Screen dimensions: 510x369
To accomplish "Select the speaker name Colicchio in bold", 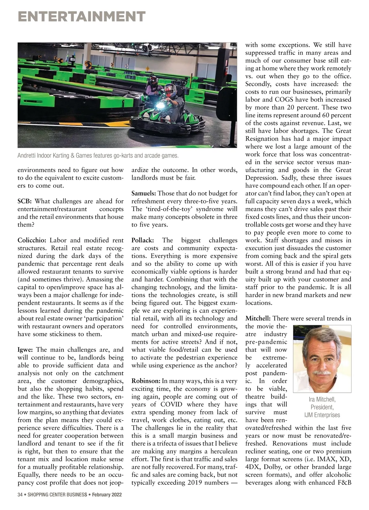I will click(32, 240).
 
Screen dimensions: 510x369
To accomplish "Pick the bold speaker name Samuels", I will click(144, 194).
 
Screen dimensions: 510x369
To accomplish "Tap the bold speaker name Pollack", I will click(143, 240).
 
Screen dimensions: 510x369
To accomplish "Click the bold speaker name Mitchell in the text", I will click(258, 319).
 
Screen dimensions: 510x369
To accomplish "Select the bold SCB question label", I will click(24, 201).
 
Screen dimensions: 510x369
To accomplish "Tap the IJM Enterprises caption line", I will click(322, 415).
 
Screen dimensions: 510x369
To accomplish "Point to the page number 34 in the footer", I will click(20, 495).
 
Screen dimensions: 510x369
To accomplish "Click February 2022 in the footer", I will click(107, 495).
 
